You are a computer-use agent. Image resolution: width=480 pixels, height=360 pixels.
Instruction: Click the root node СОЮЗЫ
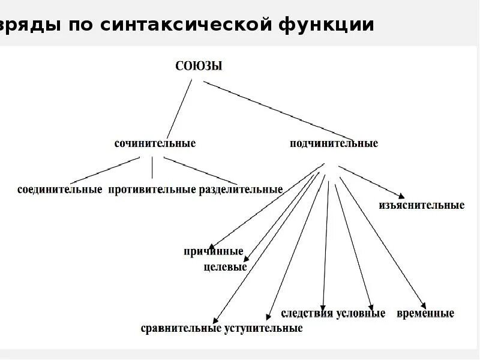(x=199, y=67)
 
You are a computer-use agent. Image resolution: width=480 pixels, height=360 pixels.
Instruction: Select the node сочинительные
(x=155, y=144)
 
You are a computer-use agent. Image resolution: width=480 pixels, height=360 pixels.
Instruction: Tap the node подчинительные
(x=334, y=144)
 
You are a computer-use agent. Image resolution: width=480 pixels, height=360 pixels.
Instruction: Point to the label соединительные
(x=59, y=190)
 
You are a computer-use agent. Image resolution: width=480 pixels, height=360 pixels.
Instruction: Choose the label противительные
(x=152, y=190)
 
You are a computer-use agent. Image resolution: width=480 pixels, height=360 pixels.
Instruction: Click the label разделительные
(x=241, y=190)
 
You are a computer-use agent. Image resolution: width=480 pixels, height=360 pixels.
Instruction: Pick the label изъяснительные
(x=421, y=205)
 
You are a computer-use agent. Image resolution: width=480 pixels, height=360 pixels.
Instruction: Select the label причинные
(x=214, y=251)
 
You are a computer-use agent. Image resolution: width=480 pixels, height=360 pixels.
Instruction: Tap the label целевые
(x=225, y=267)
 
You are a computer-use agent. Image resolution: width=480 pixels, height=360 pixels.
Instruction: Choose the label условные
(x=360, y=314)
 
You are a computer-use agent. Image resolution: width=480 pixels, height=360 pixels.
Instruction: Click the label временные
(x=425, y=314)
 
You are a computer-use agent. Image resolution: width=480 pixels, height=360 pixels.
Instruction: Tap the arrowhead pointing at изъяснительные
(x=399, y=194)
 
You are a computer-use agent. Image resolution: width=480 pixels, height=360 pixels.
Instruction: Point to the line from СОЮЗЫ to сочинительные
(x=179, y=108)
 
